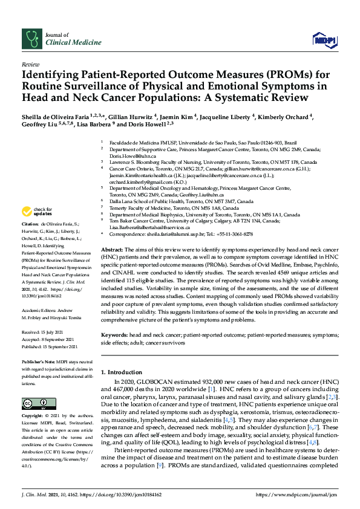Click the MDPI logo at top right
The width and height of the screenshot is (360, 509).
coord(324,40)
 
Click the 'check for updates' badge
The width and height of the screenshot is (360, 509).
coord(36,212)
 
